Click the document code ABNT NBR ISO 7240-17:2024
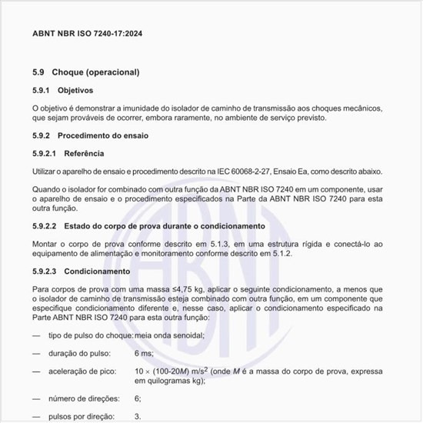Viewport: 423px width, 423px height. (87, 34)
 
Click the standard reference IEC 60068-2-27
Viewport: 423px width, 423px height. (246, 172)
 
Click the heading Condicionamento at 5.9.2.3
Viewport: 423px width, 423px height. (98, 271)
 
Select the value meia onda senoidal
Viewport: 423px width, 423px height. (169, 336)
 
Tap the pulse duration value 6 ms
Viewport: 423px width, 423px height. (144, 353)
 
